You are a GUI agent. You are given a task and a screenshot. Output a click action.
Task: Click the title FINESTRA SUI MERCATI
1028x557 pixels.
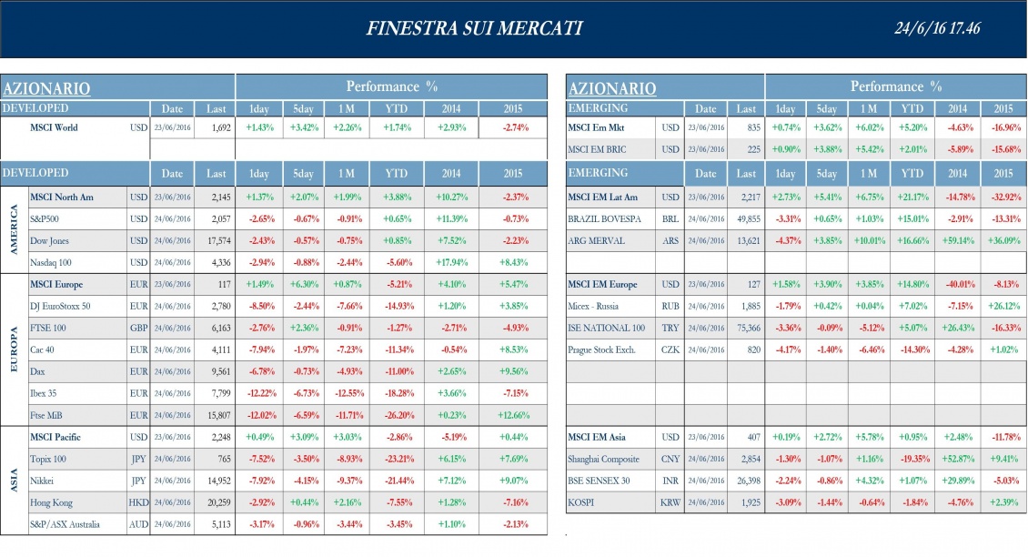pyautogui.click(x=474, y=29)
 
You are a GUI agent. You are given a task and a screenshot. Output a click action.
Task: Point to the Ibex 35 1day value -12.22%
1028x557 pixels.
pyautogui.click(x=259, y=393)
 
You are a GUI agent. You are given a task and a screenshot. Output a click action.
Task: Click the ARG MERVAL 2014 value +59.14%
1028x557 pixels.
pyautogui.click(x=958, y=241)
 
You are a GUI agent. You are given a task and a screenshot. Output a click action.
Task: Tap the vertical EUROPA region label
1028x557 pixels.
pyautogui.click(x=14, y=349)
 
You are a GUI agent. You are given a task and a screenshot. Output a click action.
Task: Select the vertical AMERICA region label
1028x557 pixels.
pyautogui.click(x=14, y=229)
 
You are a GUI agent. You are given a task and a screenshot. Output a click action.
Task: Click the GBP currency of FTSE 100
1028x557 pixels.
pyautogui.click(x=138, y=328)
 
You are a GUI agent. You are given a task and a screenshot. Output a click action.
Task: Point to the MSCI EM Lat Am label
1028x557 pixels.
pyautogui.click(x=602, y=197)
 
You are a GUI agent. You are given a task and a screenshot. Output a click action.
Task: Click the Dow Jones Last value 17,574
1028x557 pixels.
pyautogui.click(x=217, y=241)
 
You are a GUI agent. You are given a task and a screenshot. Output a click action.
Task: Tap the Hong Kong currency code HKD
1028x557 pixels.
pyautogui.click(x=137, y=502)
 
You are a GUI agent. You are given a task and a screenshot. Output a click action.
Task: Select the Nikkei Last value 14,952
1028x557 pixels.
pyautogui.click(x=217, y=481)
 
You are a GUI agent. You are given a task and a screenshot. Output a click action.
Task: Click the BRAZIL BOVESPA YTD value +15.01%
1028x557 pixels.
pyautogui.click(x=912, y=219)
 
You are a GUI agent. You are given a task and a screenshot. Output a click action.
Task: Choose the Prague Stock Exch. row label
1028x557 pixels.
pyautogui.click(x=601, y=349)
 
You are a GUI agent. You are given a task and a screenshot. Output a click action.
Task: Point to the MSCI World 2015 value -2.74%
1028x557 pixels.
pyautogui.click(x=515, y=128)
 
